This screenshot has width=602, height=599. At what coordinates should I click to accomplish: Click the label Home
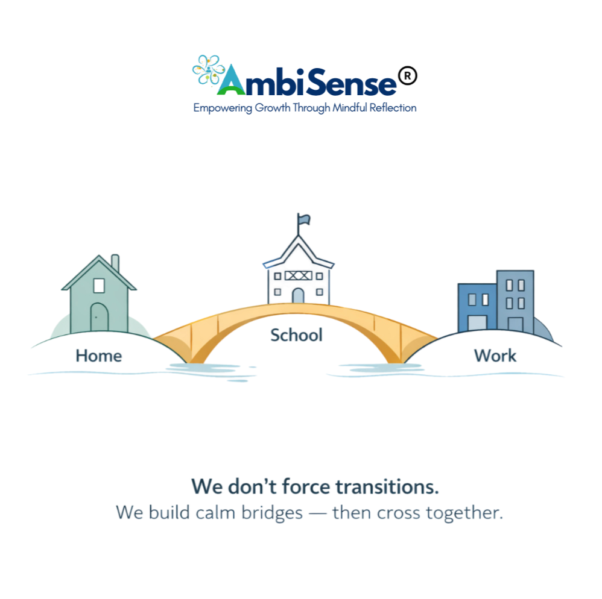(x=99, y=356)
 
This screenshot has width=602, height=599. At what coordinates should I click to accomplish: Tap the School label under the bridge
(x=296, y=335)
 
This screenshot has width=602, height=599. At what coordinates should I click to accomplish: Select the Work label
(x=495, y=356)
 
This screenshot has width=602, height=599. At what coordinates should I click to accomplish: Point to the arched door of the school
(x=298, y=296)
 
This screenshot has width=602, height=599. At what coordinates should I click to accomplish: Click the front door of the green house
(x=99, y=316)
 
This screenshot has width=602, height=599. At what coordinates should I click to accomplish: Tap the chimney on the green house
(x=115, y=263)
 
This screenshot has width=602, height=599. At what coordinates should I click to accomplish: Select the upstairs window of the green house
(x=99, y=284)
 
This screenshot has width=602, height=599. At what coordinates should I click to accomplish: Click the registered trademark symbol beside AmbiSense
(x=408, y=77)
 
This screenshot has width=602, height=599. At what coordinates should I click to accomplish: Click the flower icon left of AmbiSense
(x=207, y=70)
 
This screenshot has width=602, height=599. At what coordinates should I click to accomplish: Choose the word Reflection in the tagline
(x=393, y=108)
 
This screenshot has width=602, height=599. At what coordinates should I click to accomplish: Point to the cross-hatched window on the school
(x=298, y=276)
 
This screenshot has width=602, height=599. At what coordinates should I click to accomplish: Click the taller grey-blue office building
(x=515, y=301)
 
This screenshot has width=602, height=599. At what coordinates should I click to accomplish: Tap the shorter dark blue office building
(x=477, y=307)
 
